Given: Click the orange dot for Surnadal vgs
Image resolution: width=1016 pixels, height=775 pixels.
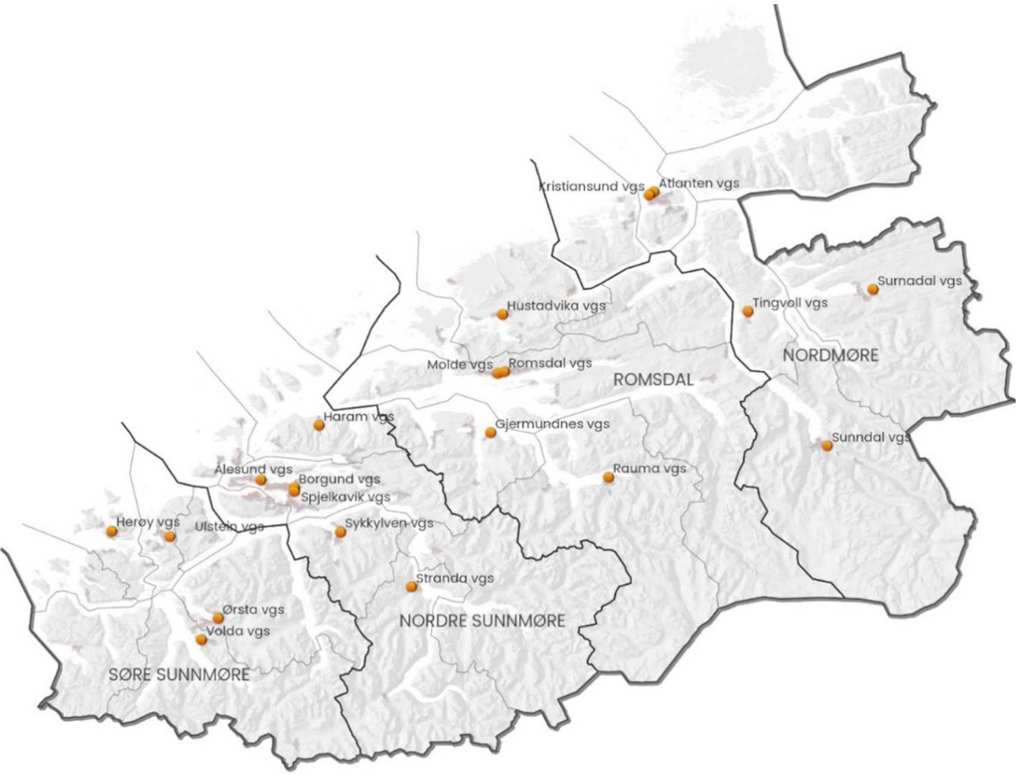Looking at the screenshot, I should click(873, 290).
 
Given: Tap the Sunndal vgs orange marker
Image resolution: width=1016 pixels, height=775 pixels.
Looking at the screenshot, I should click(827, 446).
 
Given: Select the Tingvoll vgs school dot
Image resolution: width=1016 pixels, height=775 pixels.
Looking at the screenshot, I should click(747, 311).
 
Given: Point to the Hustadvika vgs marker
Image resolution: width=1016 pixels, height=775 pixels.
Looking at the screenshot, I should click(503, 314).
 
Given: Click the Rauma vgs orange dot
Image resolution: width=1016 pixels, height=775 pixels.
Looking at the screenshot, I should click(609, 478).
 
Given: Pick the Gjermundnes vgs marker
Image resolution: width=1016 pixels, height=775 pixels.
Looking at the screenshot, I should click(491, 432).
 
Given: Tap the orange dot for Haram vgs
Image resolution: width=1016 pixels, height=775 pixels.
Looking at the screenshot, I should click(319, 425).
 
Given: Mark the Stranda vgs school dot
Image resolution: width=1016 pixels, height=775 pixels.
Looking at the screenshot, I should click(411, 586).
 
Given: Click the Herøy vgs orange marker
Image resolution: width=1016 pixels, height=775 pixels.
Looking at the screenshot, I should click(111, 531).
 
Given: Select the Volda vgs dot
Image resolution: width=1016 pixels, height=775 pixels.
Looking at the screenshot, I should click(202, 640).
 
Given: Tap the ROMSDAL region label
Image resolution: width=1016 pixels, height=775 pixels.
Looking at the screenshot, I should click(653, 379).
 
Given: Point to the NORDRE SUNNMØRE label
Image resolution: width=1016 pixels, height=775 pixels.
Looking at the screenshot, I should click(482, 621).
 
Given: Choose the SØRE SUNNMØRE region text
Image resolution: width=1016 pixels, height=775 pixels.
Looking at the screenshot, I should click(179, 674).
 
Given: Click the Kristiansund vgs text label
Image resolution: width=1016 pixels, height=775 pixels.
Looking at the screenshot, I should click(592, 186).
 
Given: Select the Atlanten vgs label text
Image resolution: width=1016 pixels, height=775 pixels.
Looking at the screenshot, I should click(699, 183).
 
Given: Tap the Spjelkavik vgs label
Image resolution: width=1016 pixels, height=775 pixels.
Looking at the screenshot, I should click(345, 497).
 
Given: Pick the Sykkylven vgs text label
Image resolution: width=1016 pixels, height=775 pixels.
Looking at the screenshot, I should click(389, 524).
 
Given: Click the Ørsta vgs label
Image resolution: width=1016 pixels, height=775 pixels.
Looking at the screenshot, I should click(253, 610).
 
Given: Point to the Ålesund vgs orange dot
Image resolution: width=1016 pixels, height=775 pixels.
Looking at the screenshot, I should click(261, 480).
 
